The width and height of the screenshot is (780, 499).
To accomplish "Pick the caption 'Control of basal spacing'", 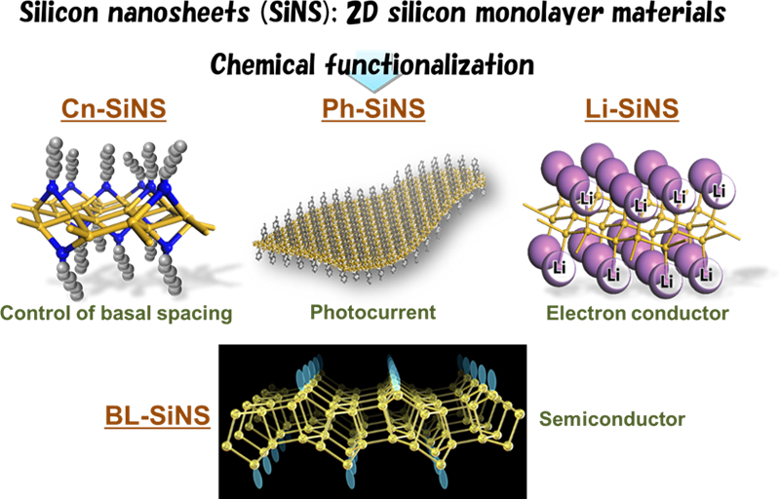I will [114, 314].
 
